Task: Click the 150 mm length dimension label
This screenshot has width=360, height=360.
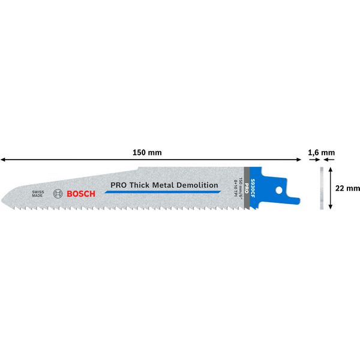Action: point(147,152)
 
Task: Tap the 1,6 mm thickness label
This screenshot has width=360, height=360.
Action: point(321,152)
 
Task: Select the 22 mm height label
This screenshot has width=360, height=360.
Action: point(347,188)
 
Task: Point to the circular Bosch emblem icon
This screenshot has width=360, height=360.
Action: point(58,193)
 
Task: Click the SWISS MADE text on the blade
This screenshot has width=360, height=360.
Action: point(38,193)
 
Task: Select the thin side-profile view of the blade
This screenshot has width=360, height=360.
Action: point(320,188)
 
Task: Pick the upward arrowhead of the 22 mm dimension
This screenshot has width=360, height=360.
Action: point(331,170)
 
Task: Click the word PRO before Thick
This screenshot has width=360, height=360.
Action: point(116,185)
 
